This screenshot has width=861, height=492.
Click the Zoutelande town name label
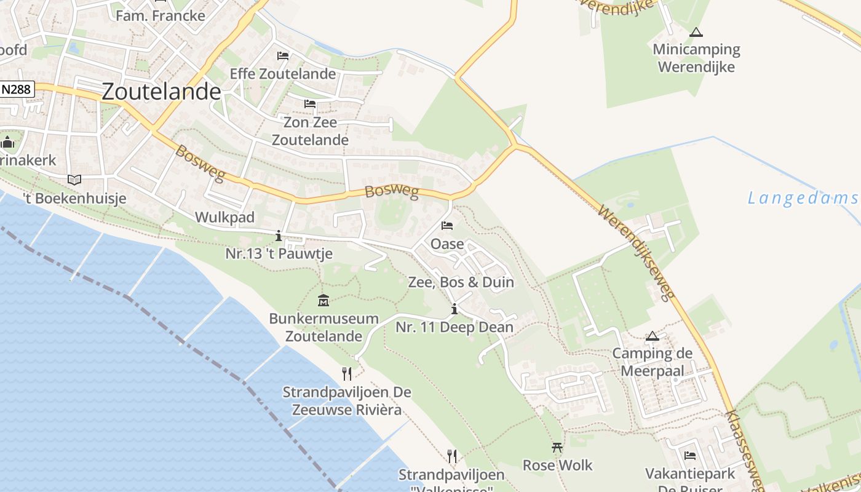[x=161, y=92]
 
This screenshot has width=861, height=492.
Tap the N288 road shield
[x=17, y=89]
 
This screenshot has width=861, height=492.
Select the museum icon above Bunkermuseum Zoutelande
[x=323, y=301]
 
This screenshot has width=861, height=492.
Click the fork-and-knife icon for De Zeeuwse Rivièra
[x=347, y=373]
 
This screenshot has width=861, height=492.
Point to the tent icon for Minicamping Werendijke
[x=696, y=32]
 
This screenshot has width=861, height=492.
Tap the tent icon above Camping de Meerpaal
[x=653, y=336]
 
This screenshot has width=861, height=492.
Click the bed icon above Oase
[x=447, y=226]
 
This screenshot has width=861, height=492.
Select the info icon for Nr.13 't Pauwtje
[x=279, y=236]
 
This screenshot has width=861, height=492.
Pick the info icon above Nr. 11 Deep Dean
[x=454, y=309]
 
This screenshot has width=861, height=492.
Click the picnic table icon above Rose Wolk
[x=557, y=447]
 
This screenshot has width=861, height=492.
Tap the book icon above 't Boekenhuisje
[x=74, y=180]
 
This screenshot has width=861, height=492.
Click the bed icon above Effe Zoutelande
[x=283, y=56]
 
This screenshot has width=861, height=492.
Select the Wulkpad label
[x=224, y=218]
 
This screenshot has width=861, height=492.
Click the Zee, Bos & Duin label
[x=461, y=282]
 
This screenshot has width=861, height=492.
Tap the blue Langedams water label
[x=803, y=198]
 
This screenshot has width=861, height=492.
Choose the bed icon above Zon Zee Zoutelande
[x=310, y=103]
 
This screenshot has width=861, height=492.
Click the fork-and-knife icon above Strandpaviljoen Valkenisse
[x=452, y=456]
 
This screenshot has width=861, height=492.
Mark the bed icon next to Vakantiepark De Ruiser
[x=690, y=456]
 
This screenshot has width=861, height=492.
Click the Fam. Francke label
[x=161, y=15]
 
